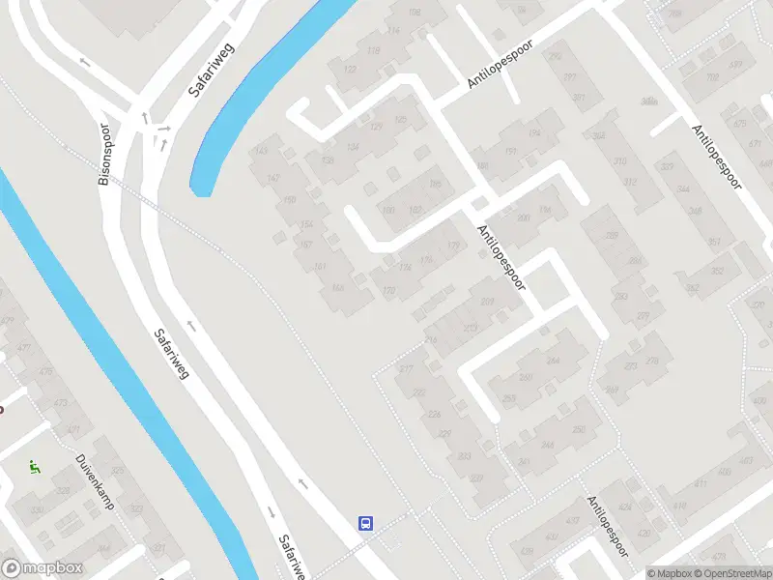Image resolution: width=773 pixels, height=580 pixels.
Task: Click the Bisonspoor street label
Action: tap(105, 154)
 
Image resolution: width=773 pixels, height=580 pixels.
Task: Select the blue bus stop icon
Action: tap(366, 523)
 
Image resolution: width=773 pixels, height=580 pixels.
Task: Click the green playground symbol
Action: tap(35, 467)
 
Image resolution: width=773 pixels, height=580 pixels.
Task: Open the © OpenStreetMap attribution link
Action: tap(732, 573)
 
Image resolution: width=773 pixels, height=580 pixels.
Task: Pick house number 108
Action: tap(415, 13)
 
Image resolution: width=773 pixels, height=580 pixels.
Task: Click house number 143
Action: tap(260, 151)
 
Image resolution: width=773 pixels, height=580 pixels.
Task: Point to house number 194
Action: tap(534, 132)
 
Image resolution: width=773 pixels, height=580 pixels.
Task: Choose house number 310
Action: tap(619, 161)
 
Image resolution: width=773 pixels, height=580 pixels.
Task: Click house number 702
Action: tap(713, 77)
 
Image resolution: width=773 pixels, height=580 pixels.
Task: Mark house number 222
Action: tap(419, 392)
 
